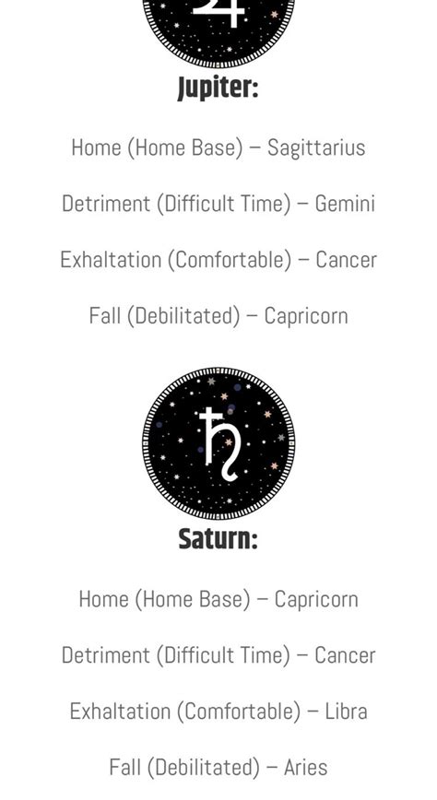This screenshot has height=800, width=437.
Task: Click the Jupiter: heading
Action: [x=218, y=88]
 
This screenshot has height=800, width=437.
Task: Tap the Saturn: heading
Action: [x=218, y=539]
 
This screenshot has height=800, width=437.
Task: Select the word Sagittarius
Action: [x=316, y=147]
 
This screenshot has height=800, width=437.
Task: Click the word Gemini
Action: [x=345, y=204]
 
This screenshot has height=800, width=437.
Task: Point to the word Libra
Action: [x=346, y=712]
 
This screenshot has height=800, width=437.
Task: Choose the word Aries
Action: [x=305, y=767]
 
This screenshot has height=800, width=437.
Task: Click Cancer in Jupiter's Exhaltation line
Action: [x=346, y=260]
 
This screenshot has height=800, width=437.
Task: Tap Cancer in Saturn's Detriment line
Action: [x=345, y=655]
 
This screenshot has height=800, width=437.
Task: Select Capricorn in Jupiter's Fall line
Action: [x=306, y=316]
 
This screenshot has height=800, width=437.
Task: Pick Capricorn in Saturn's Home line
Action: [x=316, y=599]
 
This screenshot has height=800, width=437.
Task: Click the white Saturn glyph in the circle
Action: [x=219, y=443]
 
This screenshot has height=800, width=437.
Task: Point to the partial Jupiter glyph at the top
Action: [x=219, y=13]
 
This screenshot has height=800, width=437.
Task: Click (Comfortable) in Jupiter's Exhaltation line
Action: [x=233, y=260]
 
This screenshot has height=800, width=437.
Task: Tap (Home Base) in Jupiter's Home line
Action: [x=190, y=147]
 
